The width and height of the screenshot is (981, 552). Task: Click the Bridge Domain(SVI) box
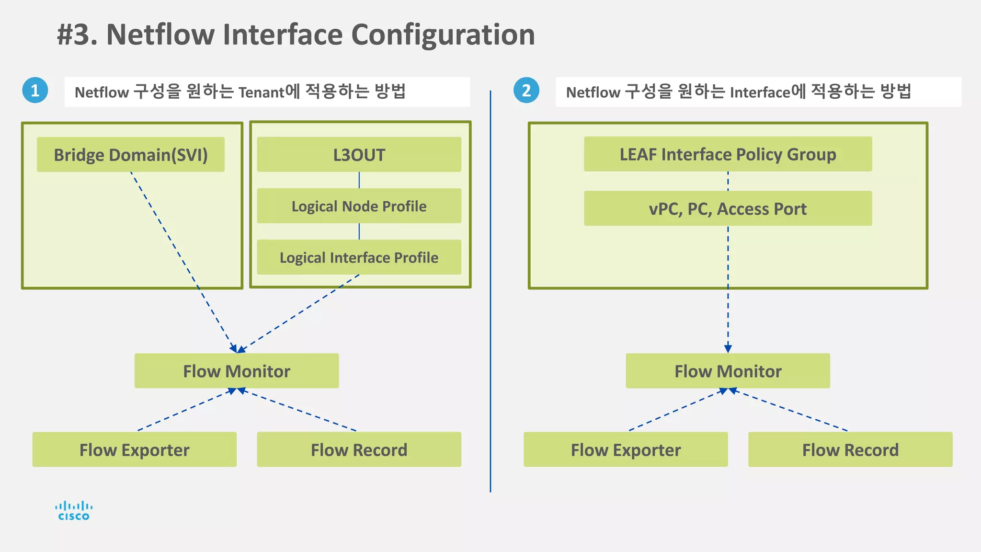130,155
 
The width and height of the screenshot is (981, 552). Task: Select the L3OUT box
359,155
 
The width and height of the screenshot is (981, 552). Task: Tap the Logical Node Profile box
359,206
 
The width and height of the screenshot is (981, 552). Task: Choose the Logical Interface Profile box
359,257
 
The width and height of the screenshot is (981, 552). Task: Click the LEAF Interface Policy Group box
728,154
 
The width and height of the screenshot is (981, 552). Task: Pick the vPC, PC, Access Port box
728,209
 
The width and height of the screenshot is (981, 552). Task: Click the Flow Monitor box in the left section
237,371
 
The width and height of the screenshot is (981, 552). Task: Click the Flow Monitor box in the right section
728,371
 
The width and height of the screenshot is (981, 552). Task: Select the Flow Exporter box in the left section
134,449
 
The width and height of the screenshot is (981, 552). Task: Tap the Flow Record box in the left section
359,449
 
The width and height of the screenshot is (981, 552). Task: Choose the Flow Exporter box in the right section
626,449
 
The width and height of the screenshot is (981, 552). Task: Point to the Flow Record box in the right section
850,449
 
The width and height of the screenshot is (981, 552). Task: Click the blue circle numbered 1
35,90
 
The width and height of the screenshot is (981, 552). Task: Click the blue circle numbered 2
526,90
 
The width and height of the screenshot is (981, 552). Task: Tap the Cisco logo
74,511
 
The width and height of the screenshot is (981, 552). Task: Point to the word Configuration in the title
443,34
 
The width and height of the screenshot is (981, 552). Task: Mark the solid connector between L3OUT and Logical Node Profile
359,180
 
